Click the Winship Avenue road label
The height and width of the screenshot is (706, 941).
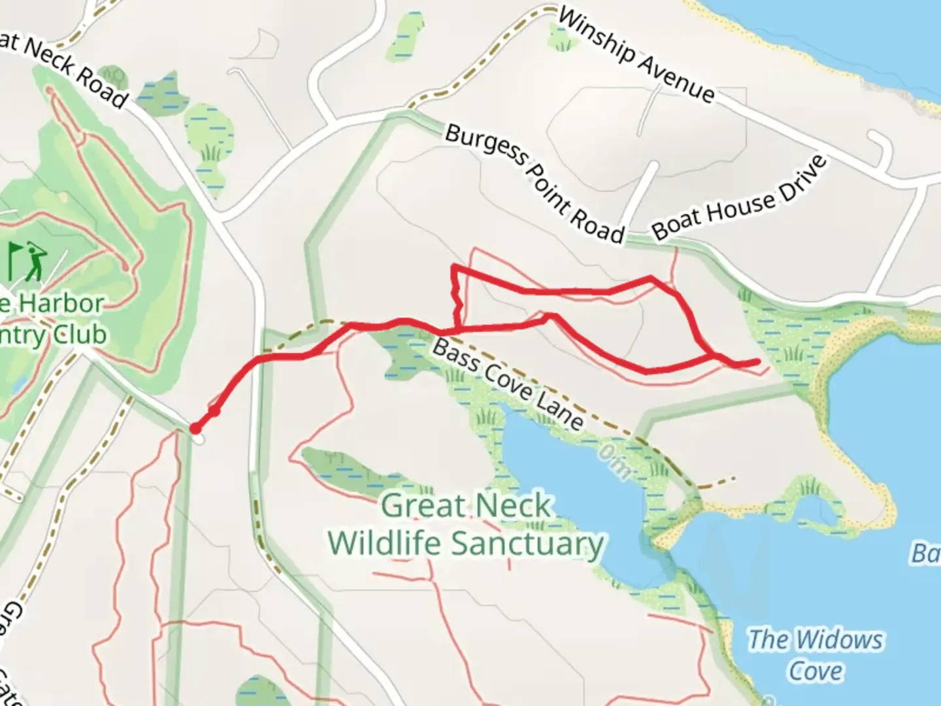pyautogui.click(x=636, y=55)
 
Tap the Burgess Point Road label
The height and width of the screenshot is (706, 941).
pyautogui.click(x=535, y=183)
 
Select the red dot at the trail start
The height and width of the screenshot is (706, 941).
pyautogui.click(x=195, y=429)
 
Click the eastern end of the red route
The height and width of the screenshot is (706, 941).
pyautogui.click(x=757, y=361)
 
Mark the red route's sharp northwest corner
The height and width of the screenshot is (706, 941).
pyautogui.click(x=454, y=267)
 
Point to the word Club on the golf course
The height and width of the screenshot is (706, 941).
pyautogui.click(x=80, y=335)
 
